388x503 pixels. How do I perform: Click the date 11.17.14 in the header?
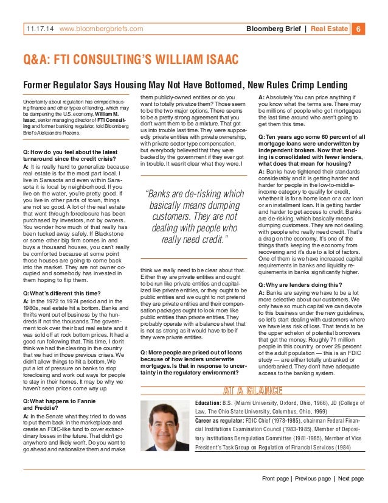coord(38,28)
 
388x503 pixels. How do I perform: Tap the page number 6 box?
coord(358,28)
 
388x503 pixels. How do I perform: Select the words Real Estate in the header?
coord(330,28)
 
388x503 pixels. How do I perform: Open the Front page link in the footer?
coord(275,479)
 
